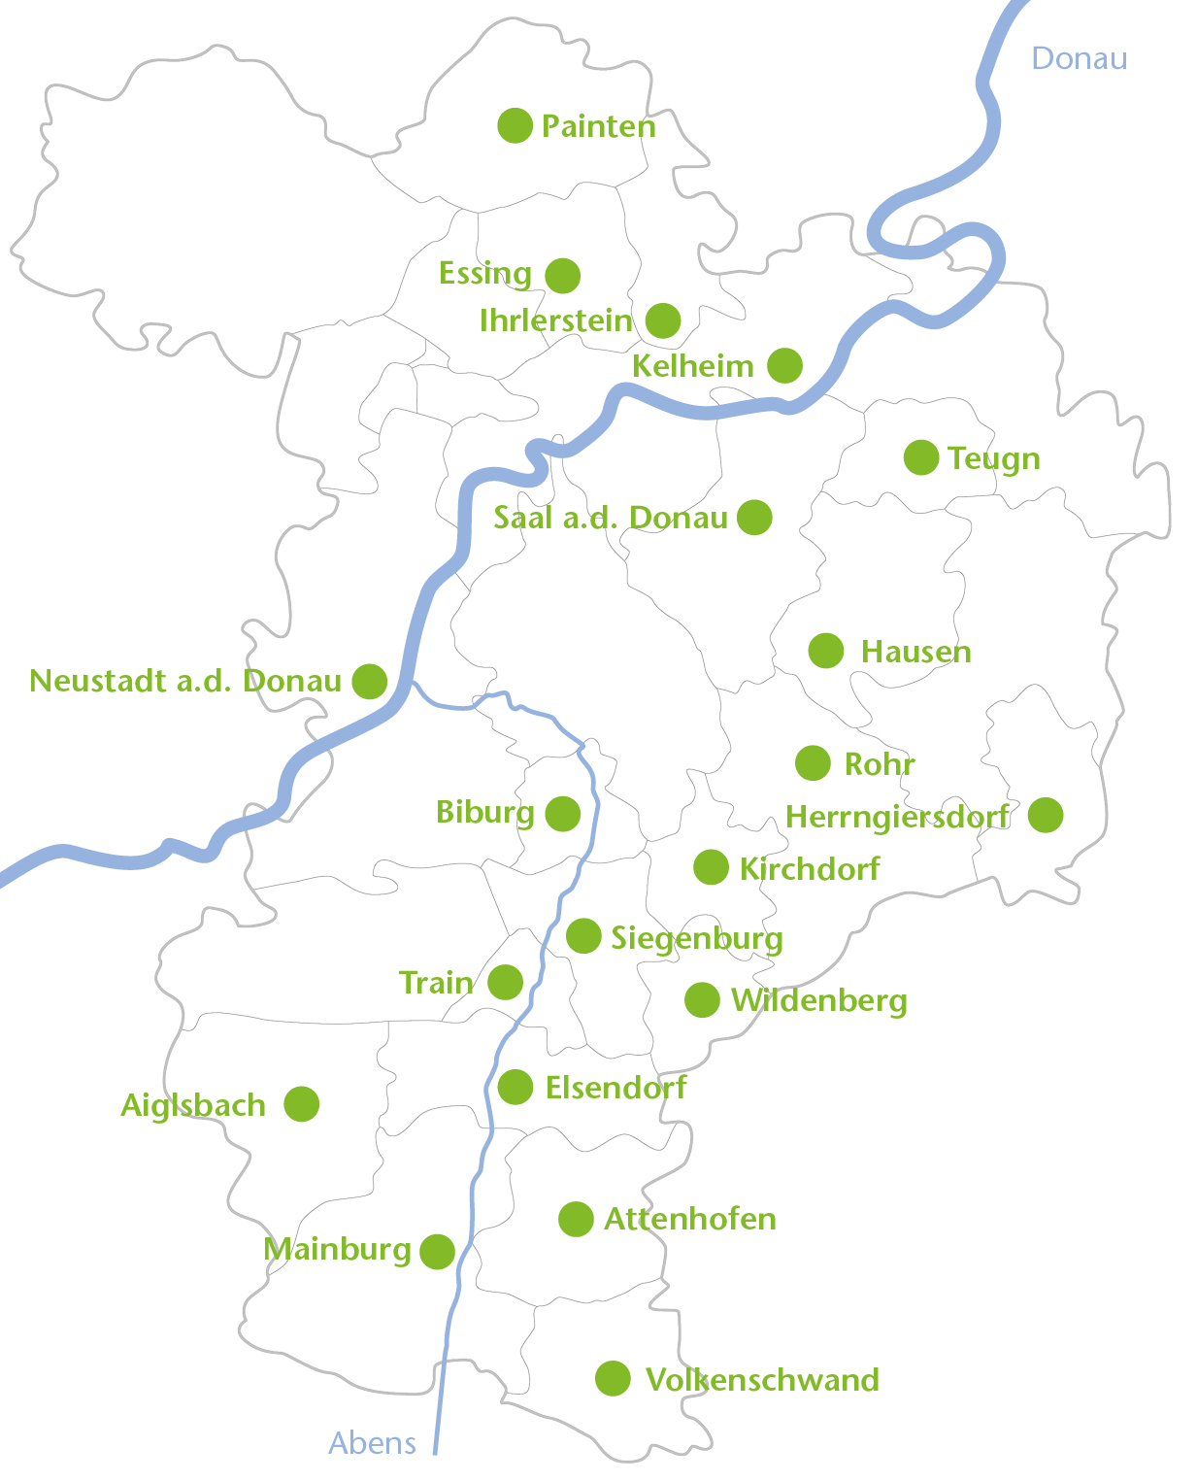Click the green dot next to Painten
[515, 125]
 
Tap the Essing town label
[484, 274]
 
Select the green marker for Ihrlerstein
[663, 320]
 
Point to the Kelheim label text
[692, 366]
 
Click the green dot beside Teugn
[921, 457]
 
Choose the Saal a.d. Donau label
[610, 518]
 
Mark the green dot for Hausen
[826, 651]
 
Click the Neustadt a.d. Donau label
[184, 681]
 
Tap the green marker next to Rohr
[813, 763]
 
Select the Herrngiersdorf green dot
[1046, 815]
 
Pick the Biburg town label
[484, 812]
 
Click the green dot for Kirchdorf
[711, 867]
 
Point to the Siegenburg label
[696, 938]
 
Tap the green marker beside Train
[505, 982]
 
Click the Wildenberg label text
[818, 1000]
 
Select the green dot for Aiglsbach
[302, 1104]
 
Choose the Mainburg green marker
[438, 1252]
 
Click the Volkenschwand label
[762, 1379]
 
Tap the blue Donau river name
[1079, 58]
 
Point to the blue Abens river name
[372, 1443]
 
